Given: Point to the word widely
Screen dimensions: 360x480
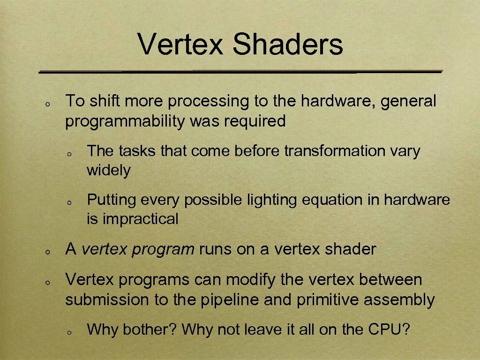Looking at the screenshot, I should [108, 170].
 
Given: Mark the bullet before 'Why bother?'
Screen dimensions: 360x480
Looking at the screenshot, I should [68, 332].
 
